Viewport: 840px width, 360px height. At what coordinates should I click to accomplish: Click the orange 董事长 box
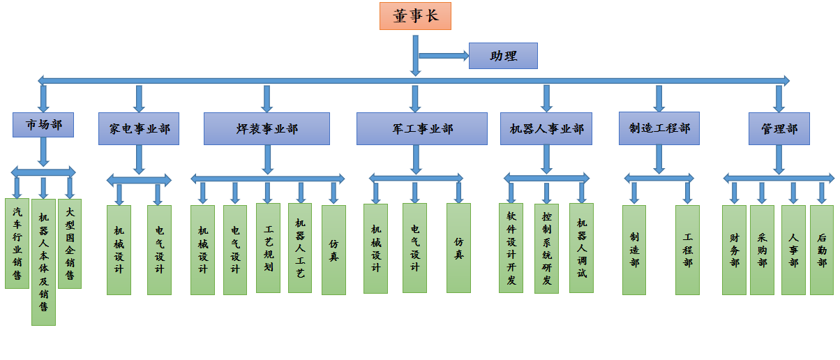(x=415, y=16)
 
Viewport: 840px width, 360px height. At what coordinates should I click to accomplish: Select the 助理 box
(x=503, y=56)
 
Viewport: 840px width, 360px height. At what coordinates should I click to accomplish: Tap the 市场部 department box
(x=44, y=126)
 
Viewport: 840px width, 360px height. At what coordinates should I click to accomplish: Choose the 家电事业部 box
(x=140, y=128)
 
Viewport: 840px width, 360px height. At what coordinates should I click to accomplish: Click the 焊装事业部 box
(x=267, y=128)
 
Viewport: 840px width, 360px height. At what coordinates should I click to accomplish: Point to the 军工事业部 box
(x=421, y=128)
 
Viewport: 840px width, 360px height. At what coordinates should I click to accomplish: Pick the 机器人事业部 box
(x=546, y=128)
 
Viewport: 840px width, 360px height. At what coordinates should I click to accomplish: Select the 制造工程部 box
(x=659, y=128)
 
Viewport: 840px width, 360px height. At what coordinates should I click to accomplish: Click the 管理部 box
(x=779, y=128)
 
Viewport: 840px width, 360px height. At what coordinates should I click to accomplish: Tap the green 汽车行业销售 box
(x=17, y=243)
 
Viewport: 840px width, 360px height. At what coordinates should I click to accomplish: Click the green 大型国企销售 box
(x=70, y=243)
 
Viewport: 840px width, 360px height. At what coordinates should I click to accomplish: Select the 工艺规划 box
(x=269, y=248)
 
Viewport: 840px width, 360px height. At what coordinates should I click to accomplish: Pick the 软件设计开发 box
(x=511, y=248)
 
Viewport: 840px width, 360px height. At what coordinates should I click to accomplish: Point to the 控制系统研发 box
(x=546, y=248)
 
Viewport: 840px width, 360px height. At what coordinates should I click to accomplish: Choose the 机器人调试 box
(x=581, y=248)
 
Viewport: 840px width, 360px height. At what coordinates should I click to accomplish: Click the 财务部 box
(x=734, y=250)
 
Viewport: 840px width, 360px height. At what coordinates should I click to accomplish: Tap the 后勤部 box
(x=822, y=250)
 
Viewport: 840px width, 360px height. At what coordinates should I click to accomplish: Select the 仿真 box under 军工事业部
(x=458, y=248)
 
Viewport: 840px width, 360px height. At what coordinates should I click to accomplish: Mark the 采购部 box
(x=762, y=250)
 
